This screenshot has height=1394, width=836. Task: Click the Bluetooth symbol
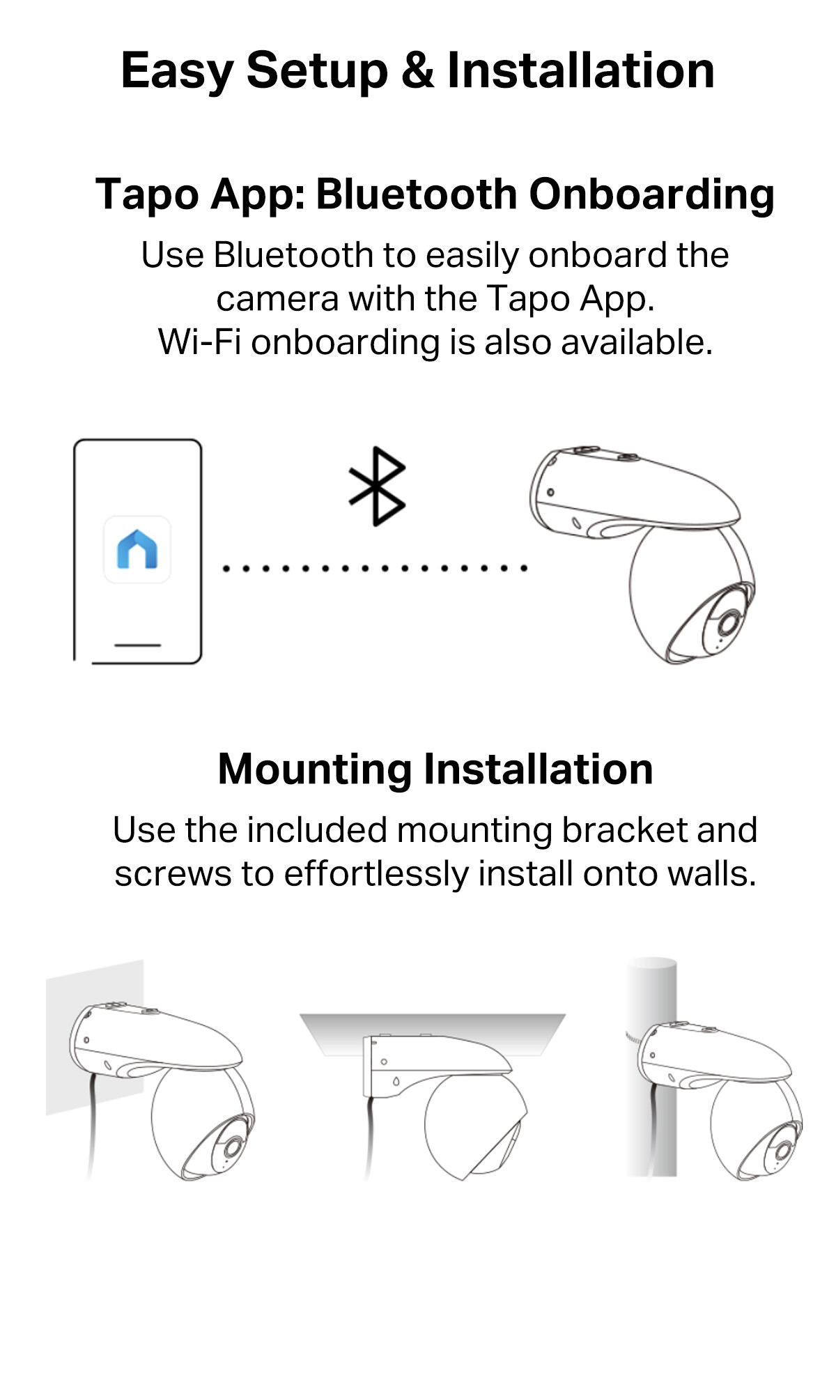coord(377,486)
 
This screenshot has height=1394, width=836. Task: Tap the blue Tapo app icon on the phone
coord(137,549)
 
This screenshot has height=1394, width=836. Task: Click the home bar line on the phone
coord(137,645)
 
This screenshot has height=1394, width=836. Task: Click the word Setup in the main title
coord(317,72)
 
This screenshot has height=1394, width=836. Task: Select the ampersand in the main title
coord(417,70)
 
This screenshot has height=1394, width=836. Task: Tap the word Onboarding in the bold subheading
coord(651,195)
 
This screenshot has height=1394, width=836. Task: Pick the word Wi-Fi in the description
coord(200,342)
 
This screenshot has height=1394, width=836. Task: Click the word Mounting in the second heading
coord(315,770)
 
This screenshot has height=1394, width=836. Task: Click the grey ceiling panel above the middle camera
coord(433,1029)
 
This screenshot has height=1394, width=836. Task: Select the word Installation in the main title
coord(581,70)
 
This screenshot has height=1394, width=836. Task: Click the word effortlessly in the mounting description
coord(376,874)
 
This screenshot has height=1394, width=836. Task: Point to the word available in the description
coord(637,342)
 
